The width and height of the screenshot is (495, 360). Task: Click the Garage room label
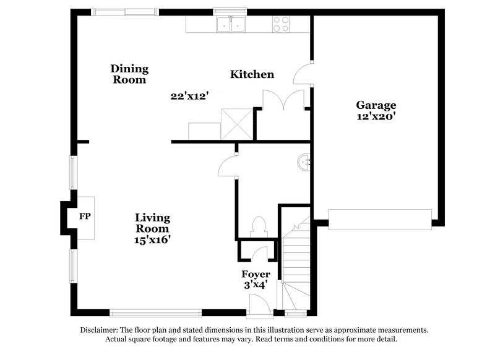point(376,105)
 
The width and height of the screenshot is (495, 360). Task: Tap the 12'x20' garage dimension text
point(376,116)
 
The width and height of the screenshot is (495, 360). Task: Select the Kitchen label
point(252,74)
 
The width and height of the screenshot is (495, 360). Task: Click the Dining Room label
point(130,74)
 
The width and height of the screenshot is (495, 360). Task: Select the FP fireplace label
point(85,217)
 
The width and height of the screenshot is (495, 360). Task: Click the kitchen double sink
point(231,24)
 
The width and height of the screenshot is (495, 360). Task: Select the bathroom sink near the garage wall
point(304,163)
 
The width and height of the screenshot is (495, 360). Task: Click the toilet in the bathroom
point(259,226)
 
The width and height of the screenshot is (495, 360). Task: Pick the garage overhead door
point(379,219)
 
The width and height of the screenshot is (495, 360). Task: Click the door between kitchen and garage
point(303,75)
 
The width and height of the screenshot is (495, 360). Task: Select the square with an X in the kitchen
point(238,122)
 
